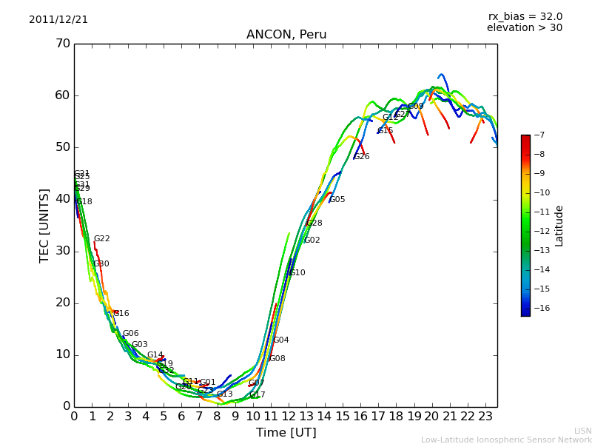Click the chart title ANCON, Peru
pyautogui.click(x=286, y=35)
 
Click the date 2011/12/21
pyautogui.click(x=58, y=20)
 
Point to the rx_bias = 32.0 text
pyautogui.click(x=525, y=16)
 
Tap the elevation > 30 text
pyautogui.click(x=524, y=28)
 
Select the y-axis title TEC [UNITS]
pyautogui.click(x=45, y=225)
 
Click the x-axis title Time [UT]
pyautogui.click(x=286, y=433)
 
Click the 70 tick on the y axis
pyautogui.click(x=62, y=44)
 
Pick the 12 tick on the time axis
pyautogui.click(x=289, y=417)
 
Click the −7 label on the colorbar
pyautogui.click(x=538, y=135)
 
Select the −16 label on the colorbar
pyautogui.click(x=541, y=309)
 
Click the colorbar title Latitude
pyautogui.click(x=559, y=226)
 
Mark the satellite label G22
pyautogui.click(x=101, y=239)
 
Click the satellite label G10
pyautogui.click(x=296, y=273)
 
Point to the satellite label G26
pyautogui.click(x=361, y=157)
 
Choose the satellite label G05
pyautogui.click(x=337, y=200)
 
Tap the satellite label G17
pyautogui.click(x=257, y=395)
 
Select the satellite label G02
pyautogui.click(x=312, y=240)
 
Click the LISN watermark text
pyautogui.click(x=582, y=431)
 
